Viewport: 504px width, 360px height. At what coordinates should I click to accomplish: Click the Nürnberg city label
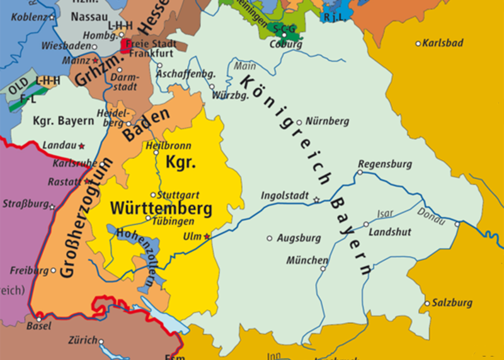[x=327, y=121]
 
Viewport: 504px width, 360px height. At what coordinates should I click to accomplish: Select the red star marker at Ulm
[x=207, y=236]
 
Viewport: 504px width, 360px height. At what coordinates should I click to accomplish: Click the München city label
[x=307, y=260]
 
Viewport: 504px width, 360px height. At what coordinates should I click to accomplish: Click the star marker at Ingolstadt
[x=316, y=199]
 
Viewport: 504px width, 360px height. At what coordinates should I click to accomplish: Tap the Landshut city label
[x=389, y=232]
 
